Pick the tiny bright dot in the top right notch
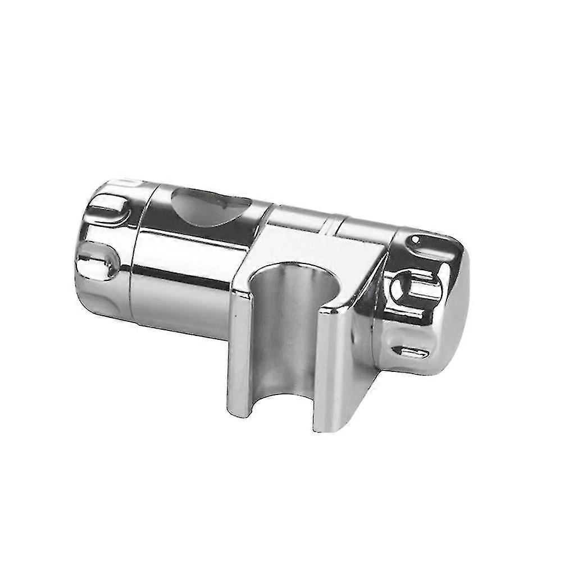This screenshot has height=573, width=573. [x=415, y=240]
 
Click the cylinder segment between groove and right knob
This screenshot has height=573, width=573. [x=365, y=236]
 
